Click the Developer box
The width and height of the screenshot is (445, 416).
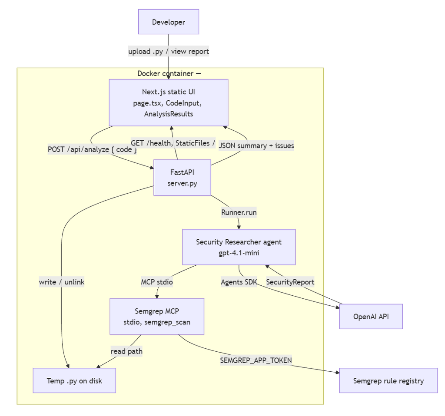169,22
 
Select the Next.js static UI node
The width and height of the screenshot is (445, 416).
169,102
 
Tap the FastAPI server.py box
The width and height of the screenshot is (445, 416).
182,178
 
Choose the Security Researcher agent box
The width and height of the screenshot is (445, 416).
239,247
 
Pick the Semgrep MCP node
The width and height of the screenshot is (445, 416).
157,317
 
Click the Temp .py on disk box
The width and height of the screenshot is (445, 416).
74,380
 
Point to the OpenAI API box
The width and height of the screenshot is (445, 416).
371,317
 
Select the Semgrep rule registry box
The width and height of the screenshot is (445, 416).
389,380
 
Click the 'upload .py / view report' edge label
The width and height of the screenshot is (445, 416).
169,51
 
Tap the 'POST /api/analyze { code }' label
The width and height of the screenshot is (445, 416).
92,149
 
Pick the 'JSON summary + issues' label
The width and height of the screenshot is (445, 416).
256,145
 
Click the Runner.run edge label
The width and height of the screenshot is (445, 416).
239,212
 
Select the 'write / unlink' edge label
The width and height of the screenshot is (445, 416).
62,282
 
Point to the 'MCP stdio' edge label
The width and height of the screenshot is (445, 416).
157,282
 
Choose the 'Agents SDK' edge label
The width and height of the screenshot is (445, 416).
239,282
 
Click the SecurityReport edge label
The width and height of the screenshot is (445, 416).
290,282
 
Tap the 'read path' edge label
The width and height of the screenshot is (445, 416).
126,351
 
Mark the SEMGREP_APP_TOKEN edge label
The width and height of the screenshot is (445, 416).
256,360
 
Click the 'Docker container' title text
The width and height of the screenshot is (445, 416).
166,73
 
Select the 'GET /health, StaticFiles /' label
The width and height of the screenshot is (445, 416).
173,143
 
